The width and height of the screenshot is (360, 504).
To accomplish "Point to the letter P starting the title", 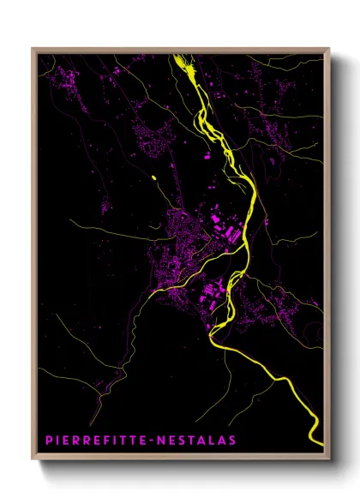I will (48, 441).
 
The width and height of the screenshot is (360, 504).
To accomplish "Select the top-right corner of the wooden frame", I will (329, 49).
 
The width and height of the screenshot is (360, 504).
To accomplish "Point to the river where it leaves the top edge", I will (179, 58).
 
